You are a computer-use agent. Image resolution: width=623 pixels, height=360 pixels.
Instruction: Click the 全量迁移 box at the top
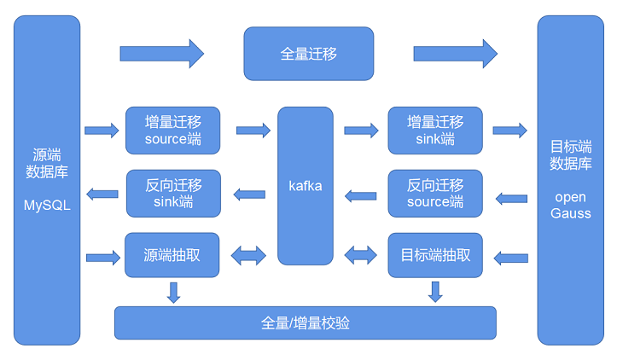point(308,54)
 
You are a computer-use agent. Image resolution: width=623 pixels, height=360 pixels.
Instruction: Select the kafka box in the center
point(306,185)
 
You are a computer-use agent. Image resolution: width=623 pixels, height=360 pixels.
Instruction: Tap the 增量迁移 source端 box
point(172,131)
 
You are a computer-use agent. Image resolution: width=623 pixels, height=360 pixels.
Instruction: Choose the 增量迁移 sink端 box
point(435,131)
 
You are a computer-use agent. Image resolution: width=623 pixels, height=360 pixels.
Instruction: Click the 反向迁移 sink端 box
point(172,194)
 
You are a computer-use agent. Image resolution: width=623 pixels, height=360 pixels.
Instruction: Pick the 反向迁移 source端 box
point(435,194)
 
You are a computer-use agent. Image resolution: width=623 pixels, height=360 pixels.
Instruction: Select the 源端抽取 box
point(172,255)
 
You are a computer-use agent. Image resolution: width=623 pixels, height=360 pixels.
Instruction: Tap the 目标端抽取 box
point(435,255)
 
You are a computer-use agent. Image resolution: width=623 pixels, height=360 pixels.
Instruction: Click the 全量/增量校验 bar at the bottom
point(305,323)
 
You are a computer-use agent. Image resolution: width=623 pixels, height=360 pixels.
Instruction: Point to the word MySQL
point(47,206)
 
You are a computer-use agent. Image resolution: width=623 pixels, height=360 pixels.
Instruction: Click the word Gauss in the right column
point(571,212)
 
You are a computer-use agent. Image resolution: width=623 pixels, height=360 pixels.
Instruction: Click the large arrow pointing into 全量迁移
point(161,54)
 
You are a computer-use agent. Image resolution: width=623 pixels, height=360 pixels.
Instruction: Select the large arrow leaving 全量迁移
point(455,54)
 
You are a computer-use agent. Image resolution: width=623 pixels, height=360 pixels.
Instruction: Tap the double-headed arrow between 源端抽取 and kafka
point(248,255)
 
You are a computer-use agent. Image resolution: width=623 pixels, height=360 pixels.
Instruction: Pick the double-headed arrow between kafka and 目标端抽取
point(360,255)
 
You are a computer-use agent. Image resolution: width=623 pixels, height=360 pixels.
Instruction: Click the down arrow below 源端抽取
point(173,292)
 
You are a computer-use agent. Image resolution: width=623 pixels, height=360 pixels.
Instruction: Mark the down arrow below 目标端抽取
point(435,292)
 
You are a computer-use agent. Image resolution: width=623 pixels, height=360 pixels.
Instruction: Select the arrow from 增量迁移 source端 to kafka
point(253,131)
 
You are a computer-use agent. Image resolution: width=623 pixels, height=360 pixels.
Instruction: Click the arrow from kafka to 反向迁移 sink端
point(249,194)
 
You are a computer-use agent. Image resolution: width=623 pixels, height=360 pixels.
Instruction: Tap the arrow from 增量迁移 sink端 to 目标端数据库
point(509,131)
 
